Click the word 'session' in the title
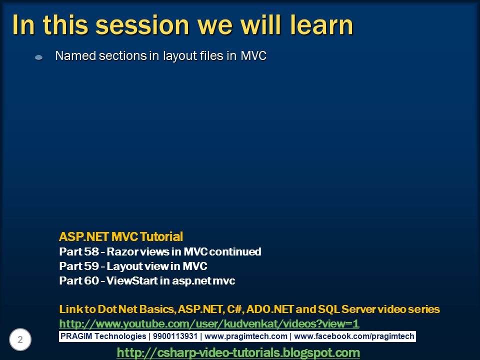[142, 25]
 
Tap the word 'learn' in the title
[322, 24]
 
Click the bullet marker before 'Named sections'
[39, 57]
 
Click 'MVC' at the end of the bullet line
[253, 55]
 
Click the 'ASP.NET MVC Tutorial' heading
[121, 236]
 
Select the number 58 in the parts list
[91, 251]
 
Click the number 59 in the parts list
[91, 266]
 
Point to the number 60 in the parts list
[91, 280]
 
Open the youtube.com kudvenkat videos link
[209, 324]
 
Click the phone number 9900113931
[175, 336]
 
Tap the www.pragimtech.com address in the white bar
[246, 336]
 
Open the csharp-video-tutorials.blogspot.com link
[238, 352]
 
